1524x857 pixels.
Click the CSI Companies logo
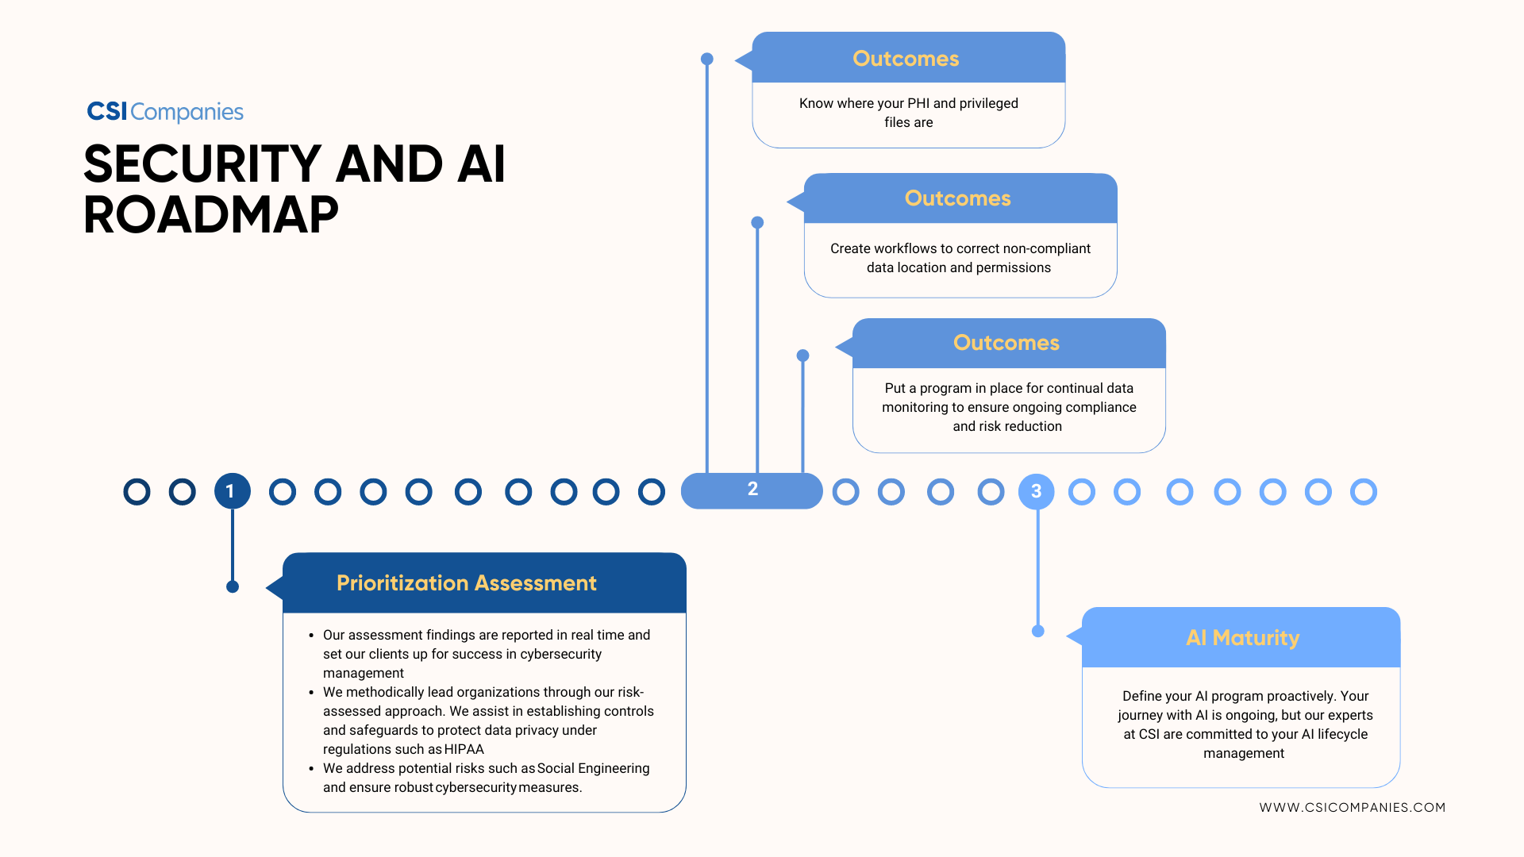pos(165,112)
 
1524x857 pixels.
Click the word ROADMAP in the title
pos(211,215)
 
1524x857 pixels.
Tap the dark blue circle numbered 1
pos(232,491)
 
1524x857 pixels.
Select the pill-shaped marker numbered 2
pos(752,490)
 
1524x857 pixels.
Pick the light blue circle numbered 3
pos(1036,491)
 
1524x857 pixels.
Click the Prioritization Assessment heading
pos(466,583)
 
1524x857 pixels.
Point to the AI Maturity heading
pos(1242,638)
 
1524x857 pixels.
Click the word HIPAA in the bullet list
pos(464,749)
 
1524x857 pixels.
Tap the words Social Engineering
pos(593,768)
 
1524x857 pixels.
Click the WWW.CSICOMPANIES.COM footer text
pos(1352,807)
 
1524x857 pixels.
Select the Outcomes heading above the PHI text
pos(906,59)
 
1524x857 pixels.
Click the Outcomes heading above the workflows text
pos(957,198)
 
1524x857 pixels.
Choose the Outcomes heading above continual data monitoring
pos(1006,343)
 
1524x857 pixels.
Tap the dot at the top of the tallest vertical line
pos(707,59)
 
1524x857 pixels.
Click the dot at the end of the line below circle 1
pos(233,587)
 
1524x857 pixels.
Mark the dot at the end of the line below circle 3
pos(1037,632)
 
